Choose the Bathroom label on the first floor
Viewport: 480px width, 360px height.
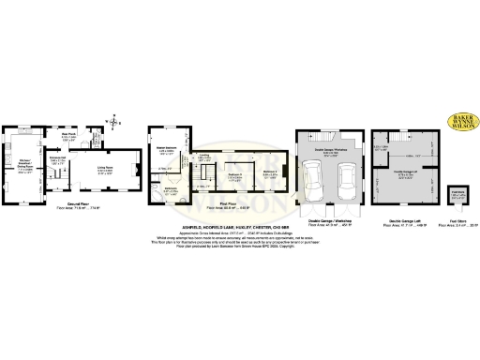[171, 190]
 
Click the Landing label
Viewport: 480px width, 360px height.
[203, 158]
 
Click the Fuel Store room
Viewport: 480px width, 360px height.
[456, 194]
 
